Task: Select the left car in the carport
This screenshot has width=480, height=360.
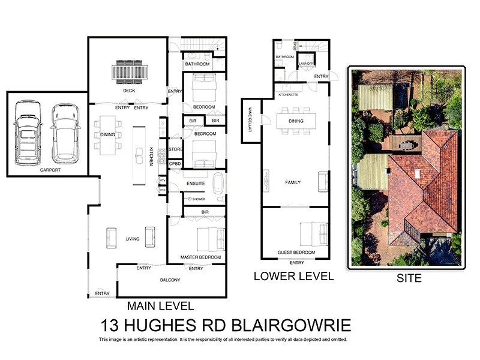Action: tap(27, 132)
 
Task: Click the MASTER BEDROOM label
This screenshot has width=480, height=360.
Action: tap(200, 257)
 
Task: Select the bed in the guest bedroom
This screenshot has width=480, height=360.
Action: tap(313, 232)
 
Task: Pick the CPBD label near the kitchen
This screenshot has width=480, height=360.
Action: tap(175, 163)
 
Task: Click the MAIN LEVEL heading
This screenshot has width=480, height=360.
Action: tap(160, 305)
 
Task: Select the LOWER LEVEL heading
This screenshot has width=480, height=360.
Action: tap(293, 276)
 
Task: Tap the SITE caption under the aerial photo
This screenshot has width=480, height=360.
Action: tap(409, 278)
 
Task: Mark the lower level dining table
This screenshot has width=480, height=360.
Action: tap(296, 121)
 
